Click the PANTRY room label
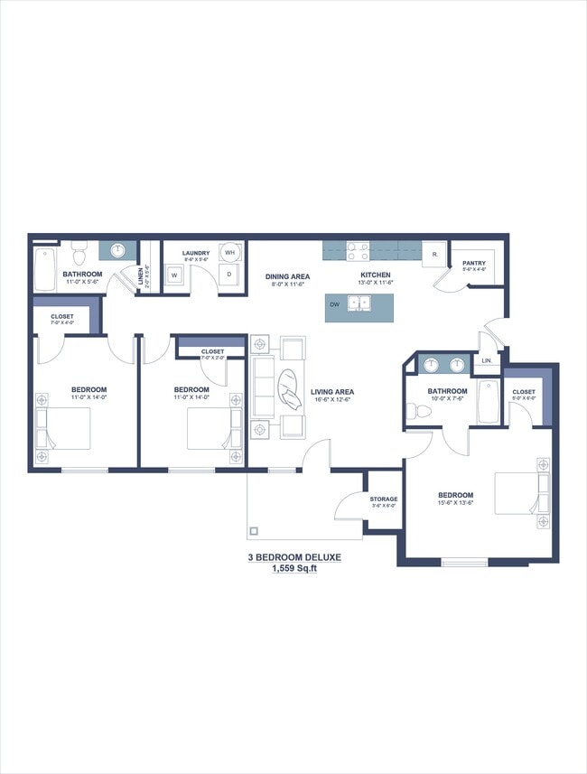tap(474, 264)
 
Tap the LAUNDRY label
tap(196, 253)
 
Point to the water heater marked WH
tap(229, 253)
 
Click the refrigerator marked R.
tap(435, 255)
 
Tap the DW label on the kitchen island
tap(334, 305)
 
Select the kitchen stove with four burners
tap(357, 251)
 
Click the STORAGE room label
tap(383, 499)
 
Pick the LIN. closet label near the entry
tap(488, 360)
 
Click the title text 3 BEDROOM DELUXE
tap(294, 558)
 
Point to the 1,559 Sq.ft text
tap(294, 569)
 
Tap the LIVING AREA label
tap(332, 392)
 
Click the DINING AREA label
tap(287, 276)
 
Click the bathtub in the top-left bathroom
tap(44, 268)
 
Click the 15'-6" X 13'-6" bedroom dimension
tap(455, 503)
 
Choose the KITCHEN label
tap(375, 275)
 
